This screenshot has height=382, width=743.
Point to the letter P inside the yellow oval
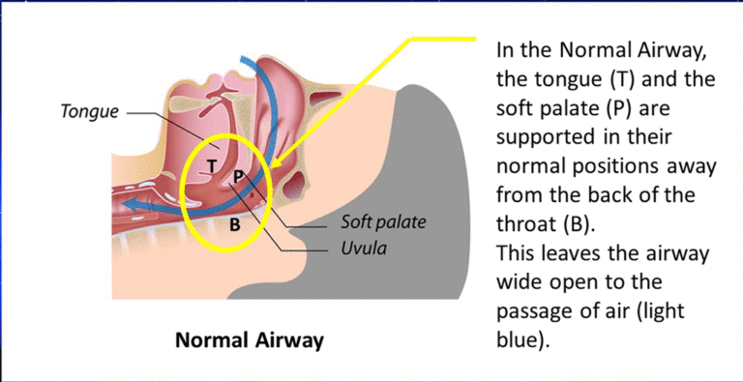point(238,176)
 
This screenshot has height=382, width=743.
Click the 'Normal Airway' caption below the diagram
point(249,340)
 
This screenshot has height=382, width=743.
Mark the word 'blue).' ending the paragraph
point(522,341)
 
